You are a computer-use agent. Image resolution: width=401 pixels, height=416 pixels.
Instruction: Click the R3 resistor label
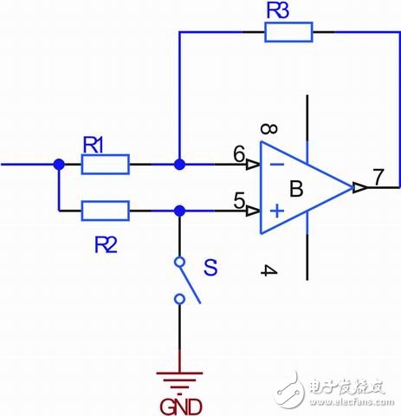click(278, 11)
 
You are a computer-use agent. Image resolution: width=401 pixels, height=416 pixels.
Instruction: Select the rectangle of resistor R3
click(288, 32)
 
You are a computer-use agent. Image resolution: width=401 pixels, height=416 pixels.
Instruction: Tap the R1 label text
click(95, 146)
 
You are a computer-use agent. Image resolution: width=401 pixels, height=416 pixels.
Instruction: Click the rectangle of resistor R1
click(105, 164)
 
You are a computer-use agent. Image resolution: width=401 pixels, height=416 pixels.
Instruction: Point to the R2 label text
click(106, 245)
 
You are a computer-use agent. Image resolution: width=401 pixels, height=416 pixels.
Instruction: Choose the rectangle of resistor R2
click(105, 210)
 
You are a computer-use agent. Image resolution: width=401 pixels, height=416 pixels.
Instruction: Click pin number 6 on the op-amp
click(238, 153)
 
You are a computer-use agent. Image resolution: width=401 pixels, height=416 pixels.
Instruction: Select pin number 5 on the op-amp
click(238, 199)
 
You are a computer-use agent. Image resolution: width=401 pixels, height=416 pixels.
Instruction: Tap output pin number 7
click(378, 177)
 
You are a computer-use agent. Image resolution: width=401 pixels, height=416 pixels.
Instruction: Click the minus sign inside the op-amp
click(275, 164)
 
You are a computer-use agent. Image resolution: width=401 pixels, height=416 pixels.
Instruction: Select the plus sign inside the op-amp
click(275, 210)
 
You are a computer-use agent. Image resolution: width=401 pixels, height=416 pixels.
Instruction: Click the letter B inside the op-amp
click(295, 188)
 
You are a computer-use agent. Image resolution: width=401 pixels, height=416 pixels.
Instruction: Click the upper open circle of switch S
click(179, 261)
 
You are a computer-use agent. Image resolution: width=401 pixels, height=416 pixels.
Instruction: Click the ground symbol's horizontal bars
click(179, 378)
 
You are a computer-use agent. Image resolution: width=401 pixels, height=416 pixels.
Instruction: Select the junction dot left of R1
click(58, 164)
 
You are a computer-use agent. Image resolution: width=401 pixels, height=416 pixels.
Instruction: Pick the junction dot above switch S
click(179, 210)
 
